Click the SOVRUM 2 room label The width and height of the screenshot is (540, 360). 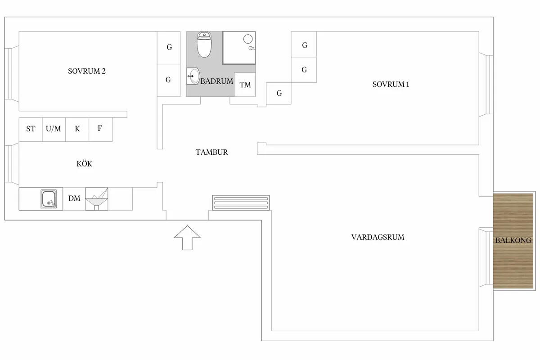point(87,71)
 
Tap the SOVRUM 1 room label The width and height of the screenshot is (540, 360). point(391,85)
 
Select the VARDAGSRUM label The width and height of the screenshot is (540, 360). point(378,237)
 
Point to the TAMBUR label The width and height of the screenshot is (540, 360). point(211,152)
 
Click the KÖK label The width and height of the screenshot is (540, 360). point(85,164)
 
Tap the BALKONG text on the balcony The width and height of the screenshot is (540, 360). point(513,240)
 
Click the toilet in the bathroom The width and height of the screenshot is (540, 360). point(204,45)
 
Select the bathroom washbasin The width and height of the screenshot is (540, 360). point(193,76)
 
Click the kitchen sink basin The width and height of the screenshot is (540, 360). point(49,199)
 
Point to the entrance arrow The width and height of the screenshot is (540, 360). point(187,238)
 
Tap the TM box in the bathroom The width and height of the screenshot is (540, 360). point(245,85)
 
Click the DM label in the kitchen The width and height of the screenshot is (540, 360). point(74,198)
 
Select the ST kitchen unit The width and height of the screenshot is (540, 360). point(31,130)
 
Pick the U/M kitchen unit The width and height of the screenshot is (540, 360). point(54,130)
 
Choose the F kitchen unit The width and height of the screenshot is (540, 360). point(100,130)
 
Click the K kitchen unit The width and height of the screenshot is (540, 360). point(77,130)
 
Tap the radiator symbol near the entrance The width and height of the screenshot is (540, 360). point(241,202)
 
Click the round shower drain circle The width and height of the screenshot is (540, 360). point(248,39)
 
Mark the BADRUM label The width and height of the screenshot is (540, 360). point(217,81)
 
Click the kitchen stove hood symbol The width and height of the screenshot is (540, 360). point(97,199)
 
